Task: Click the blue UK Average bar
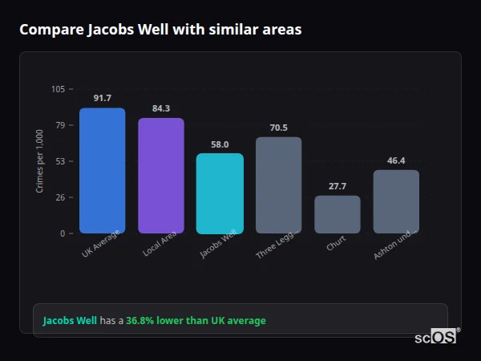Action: tap(102, 170)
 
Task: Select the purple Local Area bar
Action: tap(161, 176)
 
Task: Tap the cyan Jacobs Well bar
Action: tap(220, 193)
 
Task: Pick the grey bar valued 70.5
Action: tap(278, 185)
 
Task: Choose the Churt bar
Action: tap(338, 214)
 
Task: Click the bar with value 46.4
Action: tap(396, 201)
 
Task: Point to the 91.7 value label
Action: tap(102, 98)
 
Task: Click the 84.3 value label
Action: tap(161, 108)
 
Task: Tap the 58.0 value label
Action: tap(220, 144)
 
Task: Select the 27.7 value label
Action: tap(338, 186)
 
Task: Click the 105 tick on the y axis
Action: tap(58, 89)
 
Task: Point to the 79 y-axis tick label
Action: tap(60, 125)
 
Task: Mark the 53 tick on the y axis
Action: tap(60, 161)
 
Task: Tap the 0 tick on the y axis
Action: tap(63, 233)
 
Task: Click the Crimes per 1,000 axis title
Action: tap(40, 161)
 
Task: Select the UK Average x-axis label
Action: tap(101, 243)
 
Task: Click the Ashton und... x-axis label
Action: tap(395, 244)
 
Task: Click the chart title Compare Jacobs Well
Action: tap(160, 30)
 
